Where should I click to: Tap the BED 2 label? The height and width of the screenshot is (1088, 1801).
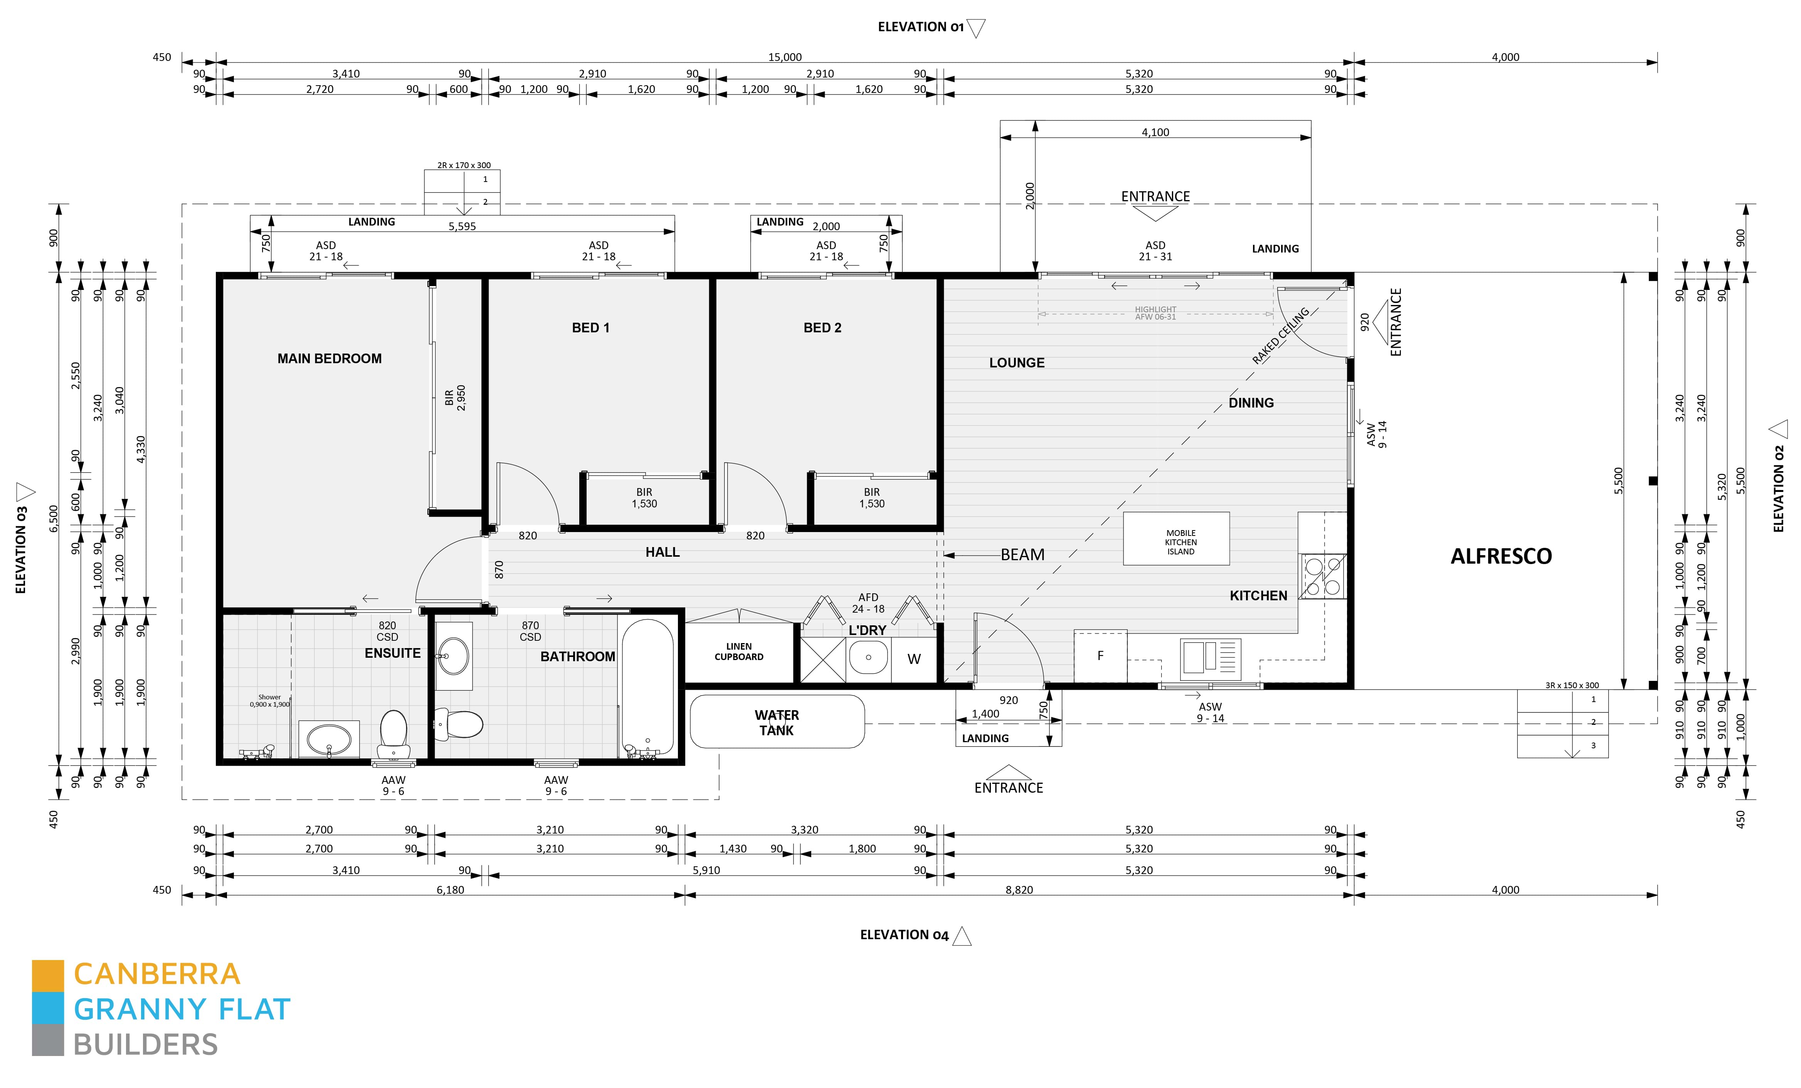[x=822, y=328]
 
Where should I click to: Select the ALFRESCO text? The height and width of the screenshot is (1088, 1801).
[x=1501, y=556]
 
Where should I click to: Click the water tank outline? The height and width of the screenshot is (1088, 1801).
[x=777, y=722]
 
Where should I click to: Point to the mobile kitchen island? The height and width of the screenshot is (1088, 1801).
[x=1176, y=539]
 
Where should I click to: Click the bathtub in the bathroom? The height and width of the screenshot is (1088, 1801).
[x=647, y=687]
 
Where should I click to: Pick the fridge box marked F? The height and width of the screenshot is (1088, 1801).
[x=1100, y=656]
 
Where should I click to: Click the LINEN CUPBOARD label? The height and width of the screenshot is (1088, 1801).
[x=739, y=652]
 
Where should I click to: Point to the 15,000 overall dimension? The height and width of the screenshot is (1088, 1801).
[x=784, y=57]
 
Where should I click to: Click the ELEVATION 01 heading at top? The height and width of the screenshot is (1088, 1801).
[x=920, y=27]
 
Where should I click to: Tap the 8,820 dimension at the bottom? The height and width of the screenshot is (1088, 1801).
[x=1019, y=890]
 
